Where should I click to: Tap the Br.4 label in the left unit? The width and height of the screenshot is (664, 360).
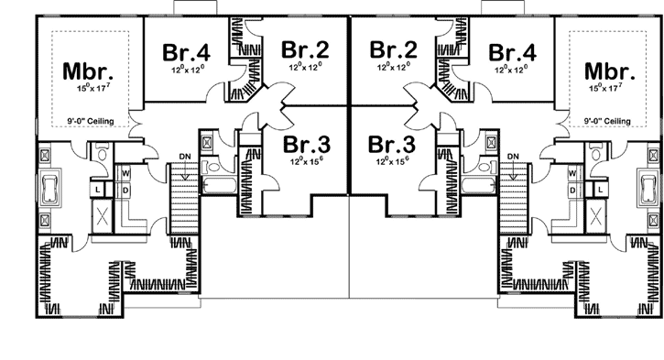(186, 51)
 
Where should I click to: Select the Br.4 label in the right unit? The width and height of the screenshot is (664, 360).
(511, 51)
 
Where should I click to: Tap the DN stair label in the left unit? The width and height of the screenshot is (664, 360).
(186, 156)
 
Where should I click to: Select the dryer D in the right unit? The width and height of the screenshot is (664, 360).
(572, 189)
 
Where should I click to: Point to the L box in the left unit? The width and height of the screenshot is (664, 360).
(98, 189)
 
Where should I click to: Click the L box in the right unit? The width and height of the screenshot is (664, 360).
(600, 189)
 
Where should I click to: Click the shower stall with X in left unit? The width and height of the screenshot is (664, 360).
(103, 218)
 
